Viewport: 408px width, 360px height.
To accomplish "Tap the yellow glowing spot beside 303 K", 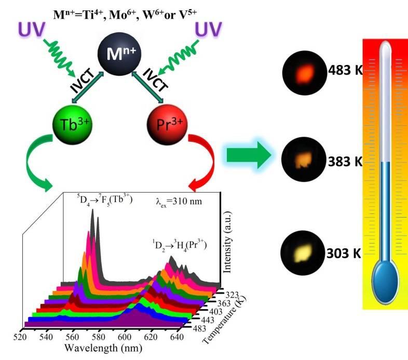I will click(x=302, y=254).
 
